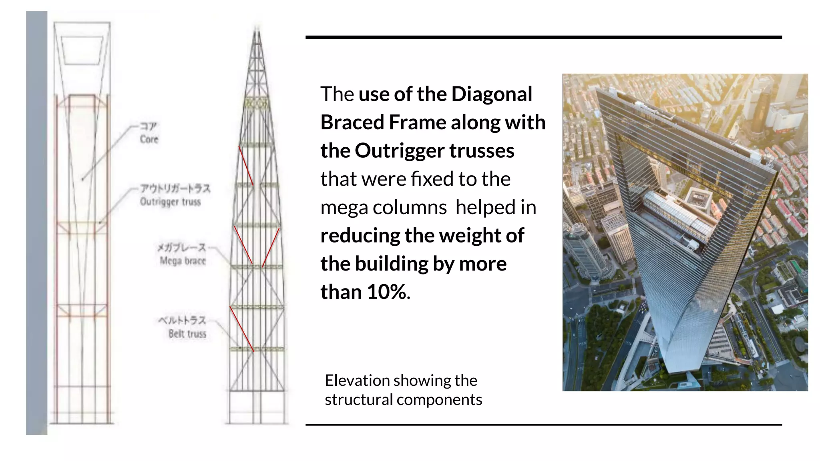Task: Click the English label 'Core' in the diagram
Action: [x=149, y=139]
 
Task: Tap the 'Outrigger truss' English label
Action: [x=170, y=202]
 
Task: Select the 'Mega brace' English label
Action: [x=183, y=261]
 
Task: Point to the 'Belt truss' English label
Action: [x=187, y=334]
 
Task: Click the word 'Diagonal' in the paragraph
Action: [x=492, y=94]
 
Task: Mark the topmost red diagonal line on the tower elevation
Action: [x=246, y=166]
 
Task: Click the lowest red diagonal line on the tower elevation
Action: [x=242, y=329]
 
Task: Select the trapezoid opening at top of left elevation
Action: [x=82, y=50]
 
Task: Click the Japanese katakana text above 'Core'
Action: [x=149, y=126]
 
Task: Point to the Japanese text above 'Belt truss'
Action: [x=182, y=321]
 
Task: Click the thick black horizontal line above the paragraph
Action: [x=543, y=37]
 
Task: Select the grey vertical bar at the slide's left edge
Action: [x=36, y=222]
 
